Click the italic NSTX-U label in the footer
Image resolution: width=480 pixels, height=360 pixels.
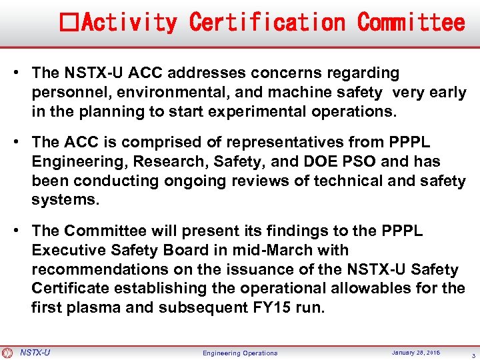(x=35, y=353)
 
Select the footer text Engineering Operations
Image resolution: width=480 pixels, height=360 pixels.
(x=240, y=353)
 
